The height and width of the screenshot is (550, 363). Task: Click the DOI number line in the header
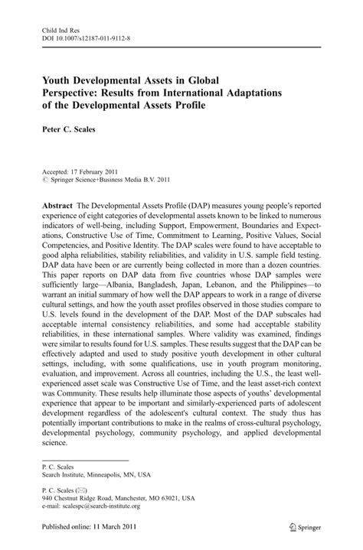click(87, 35)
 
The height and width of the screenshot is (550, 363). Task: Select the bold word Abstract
click(59, 207)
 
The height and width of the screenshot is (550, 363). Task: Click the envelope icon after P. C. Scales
click(82, 487)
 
